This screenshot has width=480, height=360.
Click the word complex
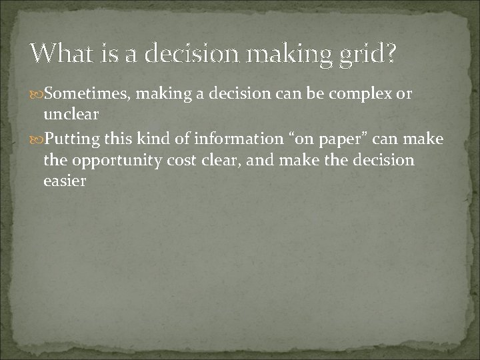click(367, 95)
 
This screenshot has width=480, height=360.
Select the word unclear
click(71, 114)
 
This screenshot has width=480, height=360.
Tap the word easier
click(65, 180)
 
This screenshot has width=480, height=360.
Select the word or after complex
click(405, 95)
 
